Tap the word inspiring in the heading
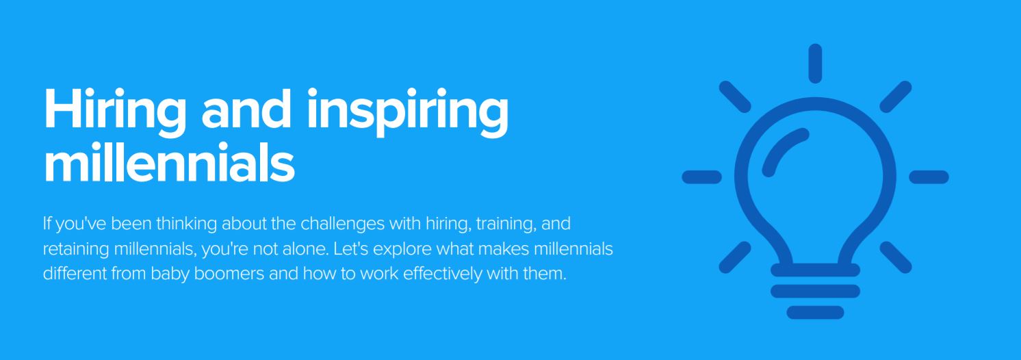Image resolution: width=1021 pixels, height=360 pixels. click(x=408, y=112)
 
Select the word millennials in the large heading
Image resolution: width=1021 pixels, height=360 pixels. click(x=170, y=162)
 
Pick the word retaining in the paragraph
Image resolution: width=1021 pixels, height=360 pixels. click(x=76, y=249)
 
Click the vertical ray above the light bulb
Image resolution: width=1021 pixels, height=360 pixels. click(x=816, y=64)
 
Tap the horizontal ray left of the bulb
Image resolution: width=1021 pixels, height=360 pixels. click(x=702, y=177)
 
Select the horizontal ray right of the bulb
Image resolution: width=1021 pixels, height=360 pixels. click(x=929, y=177)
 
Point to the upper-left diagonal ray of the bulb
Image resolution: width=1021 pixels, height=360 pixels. click(x=735, y=97)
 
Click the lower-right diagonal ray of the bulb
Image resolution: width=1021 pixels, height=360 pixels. click(x=896, y=257)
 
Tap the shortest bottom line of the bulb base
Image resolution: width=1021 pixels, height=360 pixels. click(x=816, y=312)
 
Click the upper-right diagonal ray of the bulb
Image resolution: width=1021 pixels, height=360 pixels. click(x=896, y=97)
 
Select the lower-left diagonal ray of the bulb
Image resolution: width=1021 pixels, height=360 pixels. click(x=735, y=257)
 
